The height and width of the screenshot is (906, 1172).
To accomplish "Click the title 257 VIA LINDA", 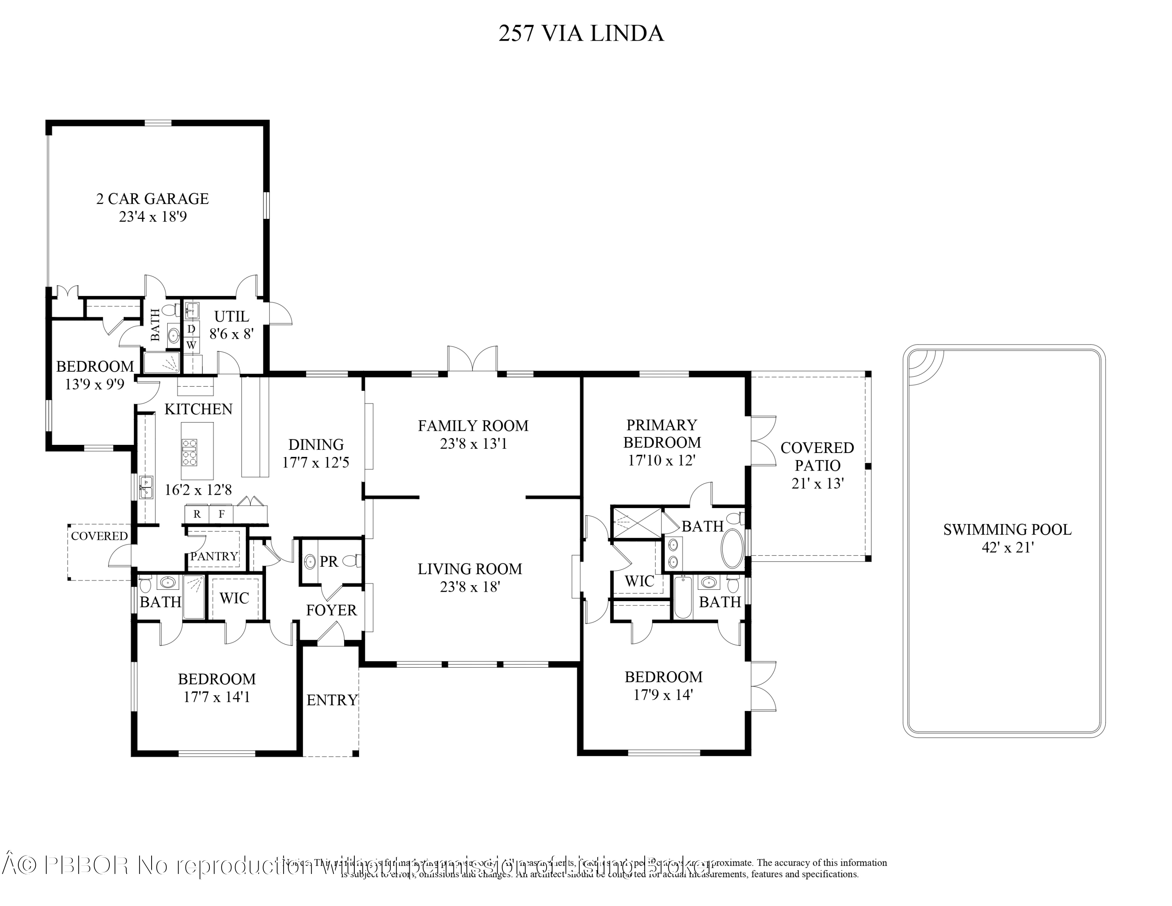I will tap(581, 33).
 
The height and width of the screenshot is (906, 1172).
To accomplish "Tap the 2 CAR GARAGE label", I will tap(152, 199).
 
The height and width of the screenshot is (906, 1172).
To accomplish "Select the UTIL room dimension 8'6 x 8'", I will tap(231, 334).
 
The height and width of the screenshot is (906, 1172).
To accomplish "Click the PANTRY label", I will tap(214, 556).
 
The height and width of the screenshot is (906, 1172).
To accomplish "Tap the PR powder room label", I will tap(329, 561).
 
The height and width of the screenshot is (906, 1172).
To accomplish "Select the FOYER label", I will tap(331, 610).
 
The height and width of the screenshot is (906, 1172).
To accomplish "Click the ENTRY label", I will tap(332, 700).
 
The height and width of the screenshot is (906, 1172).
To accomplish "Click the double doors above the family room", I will tap(473, 358).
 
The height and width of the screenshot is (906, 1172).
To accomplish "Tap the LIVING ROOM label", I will tap(470, 569).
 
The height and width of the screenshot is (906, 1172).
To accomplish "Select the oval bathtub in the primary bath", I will tap(732, 548).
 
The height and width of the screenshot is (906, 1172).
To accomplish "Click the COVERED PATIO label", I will tap(817, 456).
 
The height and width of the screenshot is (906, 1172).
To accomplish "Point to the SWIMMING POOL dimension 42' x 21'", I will tap(1007, 548).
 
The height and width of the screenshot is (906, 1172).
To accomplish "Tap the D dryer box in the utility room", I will tap(191, 328).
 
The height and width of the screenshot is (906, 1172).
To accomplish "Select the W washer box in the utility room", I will tap(191, 345).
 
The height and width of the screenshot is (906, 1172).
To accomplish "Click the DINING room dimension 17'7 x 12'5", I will tap(316, 462).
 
